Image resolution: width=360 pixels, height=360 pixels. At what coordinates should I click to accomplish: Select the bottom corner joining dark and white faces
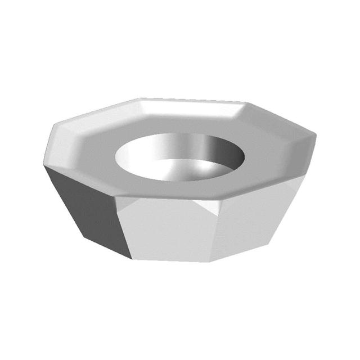pyautogui.click(x=133, y=259)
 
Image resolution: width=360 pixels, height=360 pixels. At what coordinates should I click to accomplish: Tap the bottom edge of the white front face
pyautogui.click(x=172, y=260)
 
